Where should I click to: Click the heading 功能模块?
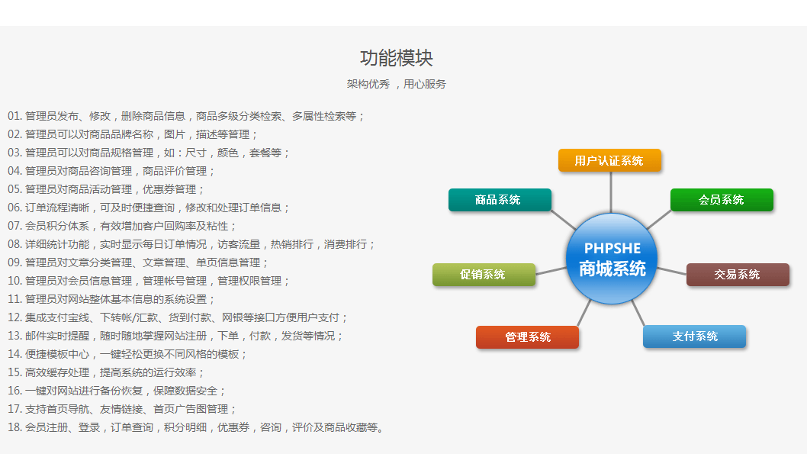click(397, 58)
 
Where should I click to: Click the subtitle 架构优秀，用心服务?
click(397, 84)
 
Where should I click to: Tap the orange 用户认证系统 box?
click(609, 160)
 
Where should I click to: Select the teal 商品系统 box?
click(500, 200)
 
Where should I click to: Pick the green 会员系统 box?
click(722, 200)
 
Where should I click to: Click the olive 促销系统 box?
click(484, 275)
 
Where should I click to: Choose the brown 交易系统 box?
click(738, 275)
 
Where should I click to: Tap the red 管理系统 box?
click(527, 337)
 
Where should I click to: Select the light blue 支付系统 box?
click(694, 336)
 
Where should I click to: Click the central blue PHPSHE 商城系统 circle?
click(612, 259)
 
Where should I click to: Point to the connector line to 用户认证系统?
click(611, 192)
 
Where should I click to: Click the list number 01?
click(14, 116)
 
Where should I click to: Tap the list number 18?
click(14, 427)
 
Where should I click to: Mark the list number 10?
click(14, 281)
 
